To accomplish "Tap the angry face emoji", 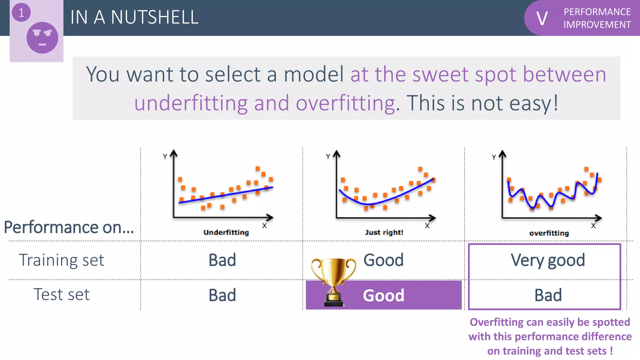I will [42, 37].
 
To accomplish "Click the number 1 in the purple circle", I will [21, 13].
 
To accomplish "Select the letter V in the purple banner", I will [542, 18].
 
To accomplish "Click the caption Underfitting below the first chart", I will [226, 232].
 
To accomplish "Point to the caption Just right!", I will [384, 232].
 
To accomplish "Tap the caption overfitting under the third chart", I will [549, 233].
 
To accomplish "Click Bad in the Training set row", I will [222, 260].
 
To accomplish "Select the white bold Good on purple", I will [383, 295].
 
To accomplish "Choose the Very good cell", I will [548, 260].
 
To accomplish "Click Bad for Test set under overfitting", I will [548, 295].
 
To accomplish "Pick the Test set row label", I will [62, 294].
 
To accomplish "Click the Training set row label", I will [62, 260].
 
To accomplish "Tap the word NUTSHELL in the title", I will [155, 17].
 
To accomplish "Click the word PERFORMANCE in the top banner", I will [597, 12].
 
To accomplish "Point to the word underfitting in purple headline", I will [191, 103].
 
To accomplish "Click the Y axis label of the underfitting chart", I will [165, 157].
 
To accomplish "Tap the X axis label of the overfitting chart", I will [593, 226].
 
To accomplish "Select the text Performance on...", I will [69, 227].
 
